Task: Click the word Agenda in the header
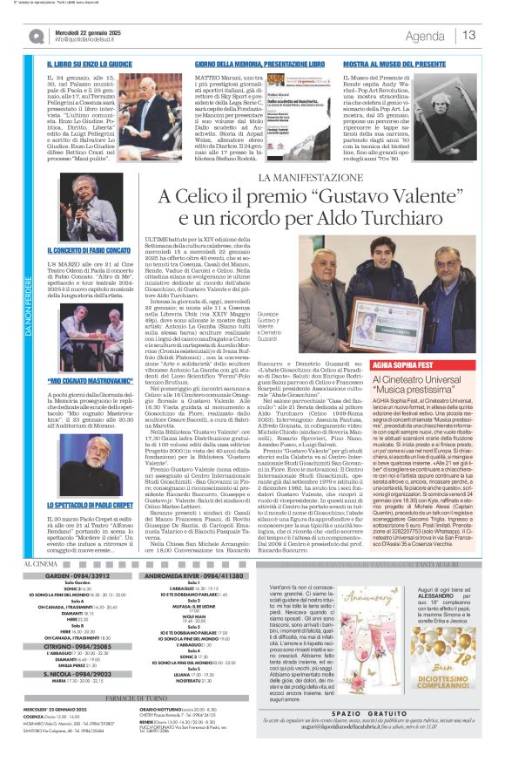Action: (x=425, y=36)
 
